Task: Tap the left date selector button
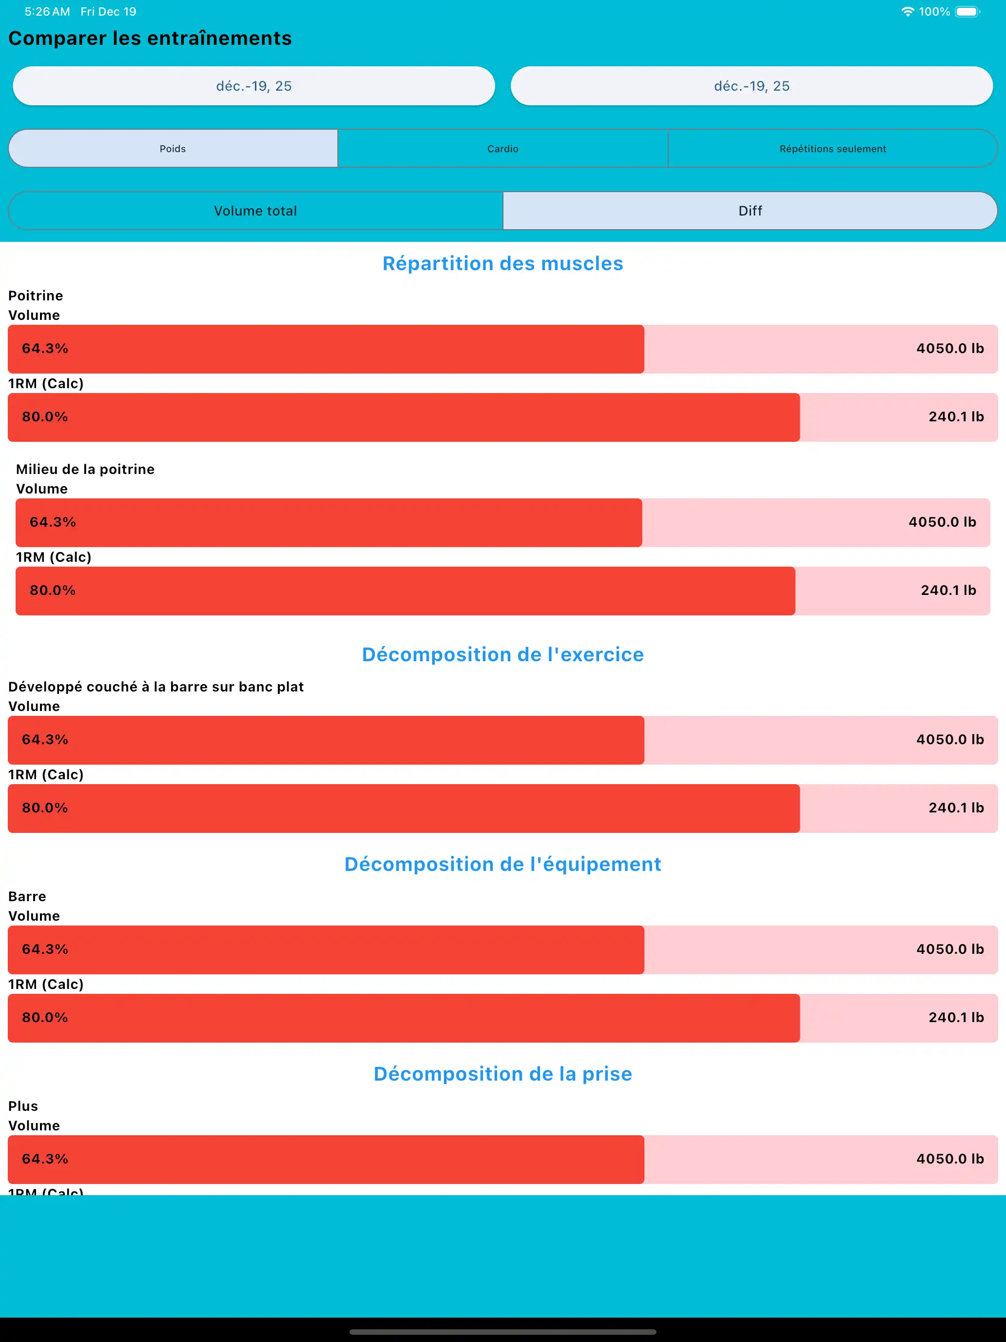[253, 86]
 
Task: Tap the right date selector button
[751, 86]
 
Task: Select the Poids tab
[173, 149]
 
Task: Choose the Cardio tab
[503, 149]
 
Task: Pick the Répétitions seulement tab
[832, 149]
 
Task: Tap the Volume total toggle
[255, 211]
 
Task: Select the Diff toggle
[750, 211]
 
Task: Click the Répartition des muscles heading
[503, 263]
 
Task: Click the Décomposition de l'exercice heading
[503, 654]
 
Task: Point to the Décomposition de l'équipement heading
[503, 864]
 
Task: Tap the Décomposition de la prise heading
[503, 1074]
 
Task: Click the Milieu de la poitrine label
[85, 469]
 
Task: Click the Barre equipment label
[27, 896]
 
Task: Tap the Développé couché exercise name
[156, 687]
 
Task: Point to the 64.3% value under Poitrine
[45, 348]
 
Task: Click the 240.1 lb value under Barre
[956, 1017]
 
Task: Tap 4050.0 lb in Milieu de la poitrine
[942, 522]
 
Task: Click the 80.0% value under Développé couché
[45, 808]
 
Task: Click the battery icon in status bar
[967, 12]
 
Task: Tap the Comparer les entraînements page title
[150, 38]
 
